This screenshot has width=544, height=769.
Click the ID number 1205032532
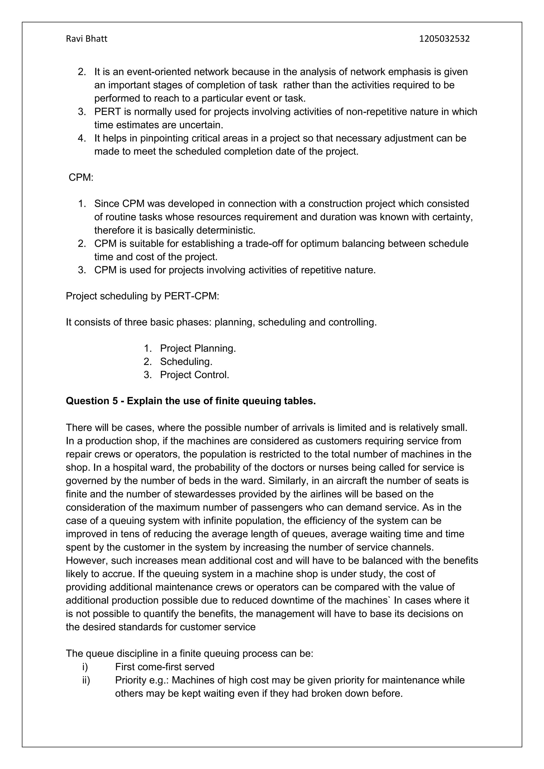tap(444, 39)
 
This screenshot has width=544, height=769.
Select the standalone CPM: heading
tap(81, 178)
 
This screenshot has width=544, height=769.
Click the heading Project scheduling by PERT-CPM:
tap(142, 296)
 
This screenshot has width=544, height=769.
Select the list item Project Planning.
tap(198, 348)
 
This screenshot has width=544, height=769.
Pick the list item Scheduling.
tap(186, 362)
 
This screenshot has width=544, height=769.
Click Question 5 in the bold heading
tap(92, 401)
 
